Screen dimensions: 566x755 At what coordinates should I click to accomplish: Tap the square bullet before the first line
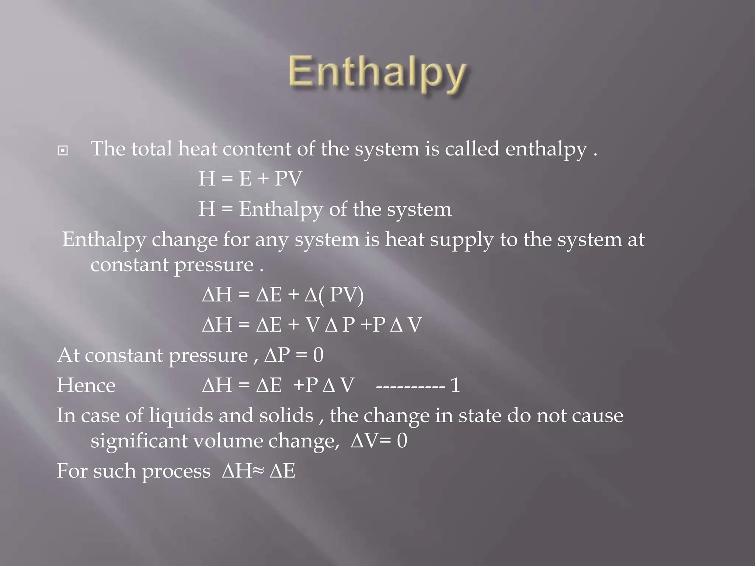tap(63, 151)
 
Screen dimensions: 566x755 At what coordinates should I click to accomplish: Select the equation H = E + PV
tap(250, 179)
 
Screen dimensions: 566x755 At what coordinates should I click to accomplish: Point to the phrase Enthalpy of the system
tap(345, 209)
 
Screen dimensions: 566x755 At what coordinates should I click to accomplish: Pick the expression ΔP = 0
tap(294, 355)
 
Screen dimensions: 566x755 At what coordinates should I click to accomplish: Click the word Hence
tap(86, 385)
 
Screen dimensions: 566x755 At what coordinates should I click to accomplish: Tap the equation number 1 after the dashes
tap(456, 385)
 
